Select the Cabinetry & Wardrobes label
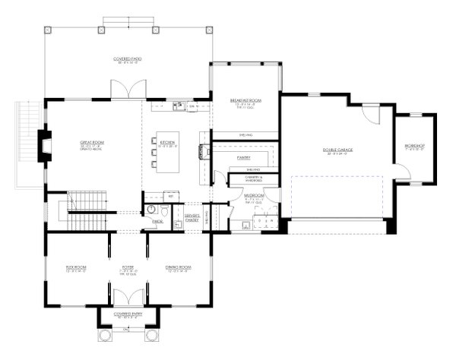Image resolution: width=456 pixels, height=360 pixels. click(x=254, y=178)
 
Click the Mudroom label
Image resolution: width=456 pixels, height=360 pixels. click(x=254, y=195)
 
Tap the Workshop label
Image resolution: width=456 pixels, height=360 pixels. click(x=414, y=145)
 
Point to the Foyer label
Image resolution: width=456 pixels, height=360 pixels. click(x=128, y=267)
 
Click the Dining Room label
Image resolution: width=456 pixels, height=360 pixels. click(x=178, y=267)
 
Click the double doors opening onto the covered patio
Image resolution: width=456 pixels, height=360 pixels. click(x=125, y=88)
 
